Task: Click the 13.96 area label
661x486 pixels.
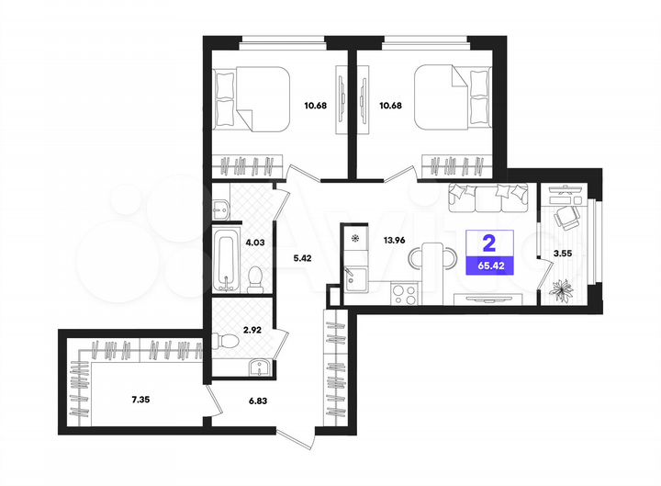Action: [396, 241]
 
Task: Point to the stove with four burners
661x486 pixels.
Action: [405, 293]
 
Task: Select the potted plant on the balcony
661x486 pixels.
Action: [560, 289]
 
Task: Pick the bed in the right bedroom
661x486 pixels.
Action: [447, 99]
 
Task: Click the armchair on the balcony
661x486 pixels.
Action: [567, 216]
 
